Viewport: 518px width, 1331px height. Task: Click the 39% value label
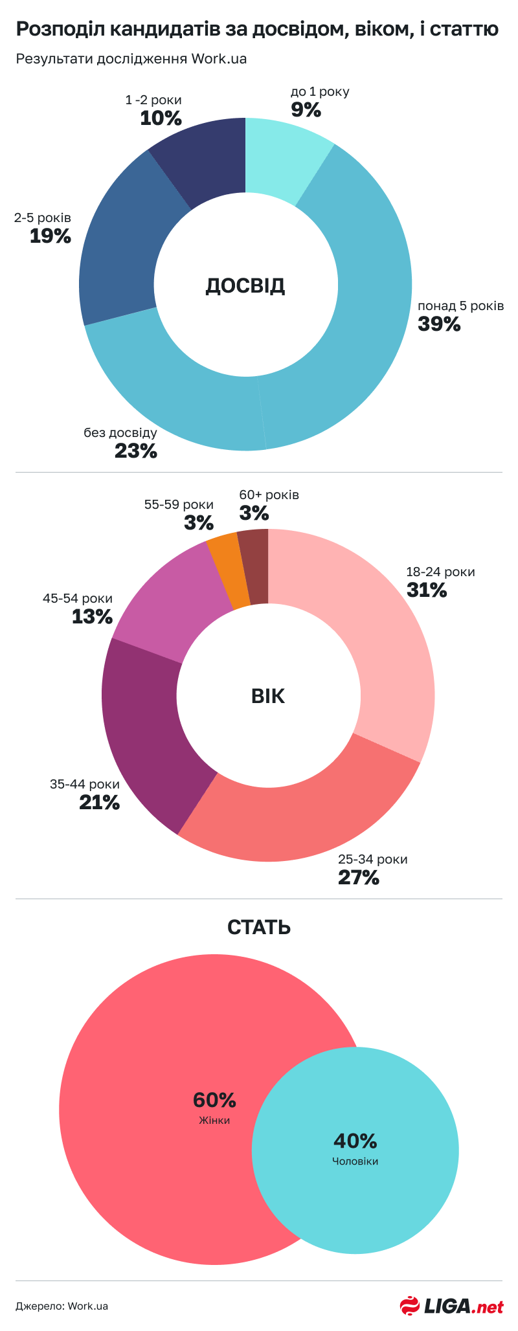pos(439,324)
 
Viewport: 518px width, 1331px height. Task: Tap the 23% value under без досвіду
pos(136,451)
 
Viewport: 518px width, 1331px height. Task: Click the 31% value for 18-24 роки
pos(427,590)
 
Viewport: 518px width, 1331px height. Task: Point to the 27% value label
pos(358,878)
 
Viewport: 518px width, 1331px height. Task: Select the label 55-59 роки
pos(179,504)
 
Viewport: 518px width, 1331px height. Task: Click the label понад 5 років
pos(460,306)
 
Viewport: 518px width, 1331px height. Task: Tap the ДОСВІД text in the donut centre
pos(245,285)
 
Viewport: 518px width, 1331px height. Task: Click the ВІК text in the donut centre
pos(267,697)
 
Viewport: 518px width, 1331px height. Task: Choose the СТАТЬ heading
pos(259,927)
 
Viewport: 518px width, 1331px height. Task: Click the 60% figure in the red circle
pos(214,1099)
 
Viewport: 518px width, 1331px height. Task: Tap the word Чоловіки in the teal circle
pos(355,1161)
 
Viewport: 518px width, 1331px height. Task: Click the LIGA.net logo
pos(451,1306)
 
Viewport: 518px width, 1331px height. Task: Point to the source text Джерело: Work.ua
pos(62,1306)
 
